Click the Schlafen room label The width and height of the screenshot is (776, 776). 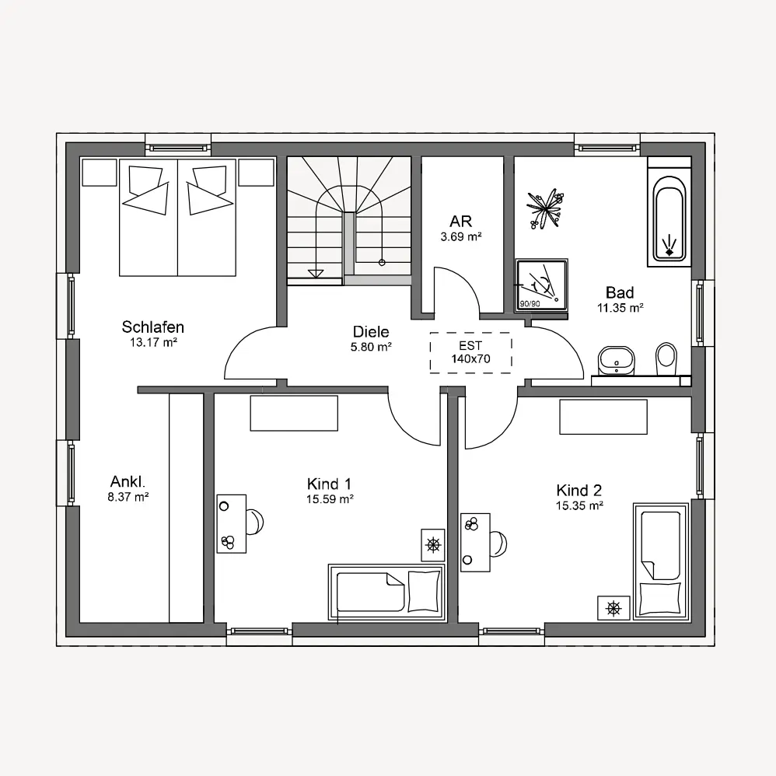tap(153, 327)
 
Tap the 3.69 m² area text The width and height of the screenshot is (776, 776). tap(461, 236)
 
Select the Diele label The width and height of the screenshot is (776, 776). tap(371, 331)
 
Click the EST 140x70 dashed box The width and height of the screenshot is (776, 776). tap(470, 352)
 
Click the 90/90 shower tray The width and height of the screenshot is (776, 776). tap(541, 285)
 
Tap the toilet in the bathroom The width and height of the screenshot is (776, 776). tap(666, 358)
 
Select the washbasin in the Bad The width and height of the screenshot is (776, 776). tap(616, 360)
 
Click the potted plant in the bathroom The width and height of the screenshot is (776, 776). tap(546, 208)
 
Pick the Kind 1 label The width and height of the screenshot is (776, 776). tap(329, 484)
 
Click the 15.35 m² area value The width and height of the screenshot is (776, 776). tap(579, 505)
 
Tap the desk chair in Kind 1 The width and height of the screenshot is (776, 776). tap(255, 522)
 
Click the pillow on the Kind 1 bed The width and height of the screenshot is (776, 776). tap(424, 591)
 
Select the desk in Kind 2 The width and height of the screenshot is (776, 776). tap(475, 543)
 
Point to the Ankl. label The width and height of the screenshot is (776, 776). tap(128, 481)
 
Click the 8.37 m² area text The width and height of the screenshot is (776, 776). tap(128, 497)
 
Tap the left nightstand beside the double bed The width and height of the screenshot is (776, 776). tap(99, 172)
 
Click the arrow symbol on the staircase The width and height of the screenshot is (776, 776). tap(315, 273)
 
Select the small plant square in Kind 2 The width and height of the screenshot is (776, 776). tap(613, 608)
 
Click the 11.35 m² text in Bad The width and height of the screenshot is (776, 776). tap(620, 307)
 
